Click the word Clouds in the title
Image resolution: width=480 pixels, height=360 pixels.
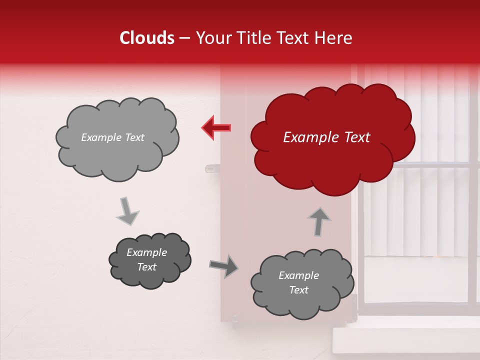tap(147, 38)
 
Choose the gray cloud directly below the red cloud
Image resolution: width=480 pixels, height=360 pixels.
tap(301, 283)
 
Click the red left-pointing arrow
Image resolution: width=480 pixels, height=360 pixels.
tap(216, 127)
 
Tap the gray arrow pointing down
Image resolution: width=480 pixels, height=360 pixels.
tap(127, 210)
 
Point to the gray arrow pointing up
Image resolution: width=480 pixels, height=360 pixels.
tap(319, 221)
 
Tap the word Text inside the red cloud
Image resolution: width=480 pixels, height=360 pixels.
tap(357, 137)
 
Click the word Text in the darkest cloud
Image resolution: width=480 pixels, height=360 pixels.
tap(147, 267)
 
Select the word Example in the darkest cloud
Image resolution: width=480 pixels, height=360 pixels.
tap(147, 252)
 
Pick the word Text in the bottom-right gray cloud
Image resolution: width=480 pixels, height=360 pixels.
tap(298, 290)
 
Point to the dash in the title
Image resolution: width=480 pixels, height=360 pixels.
tap(184, 38)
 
